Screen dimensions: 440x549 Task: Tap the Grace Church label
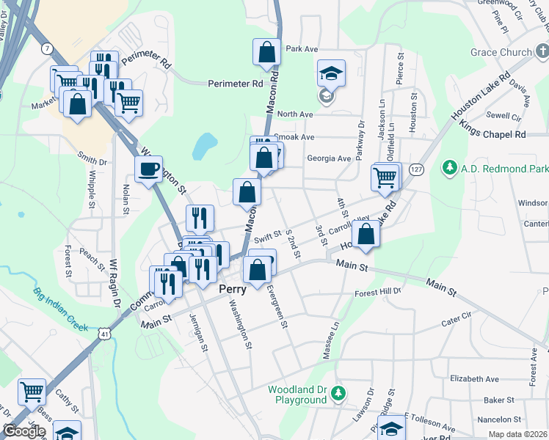coord(501,52)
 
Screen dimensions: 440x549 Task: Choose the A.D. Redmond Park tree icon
coord(449,169)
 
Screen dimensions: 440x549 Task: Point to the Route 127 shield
coord(416,168)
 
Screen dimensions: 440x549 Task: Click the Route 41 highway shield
coord(106,334)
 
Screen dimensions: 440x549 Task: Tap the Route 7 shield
coord(48,48)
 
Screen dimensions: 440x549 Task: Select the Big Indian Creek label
coord(60,309)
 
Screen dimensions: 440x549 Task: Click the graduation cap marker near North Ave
coord(330,73)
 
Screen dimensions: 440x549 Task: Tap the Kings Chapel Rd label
coord(494,134)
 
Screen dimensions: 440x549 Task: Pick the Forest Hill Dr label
coord(379,291)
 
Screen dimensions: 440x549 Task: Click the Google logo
coord(24,431)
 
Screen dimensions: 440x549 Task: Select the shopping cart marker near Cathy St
coord(32,392)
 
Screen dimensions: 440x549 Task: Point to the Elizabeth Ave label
coord(475,379)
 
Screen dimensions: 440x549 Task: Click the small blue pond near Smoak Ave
coord(204,147)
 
